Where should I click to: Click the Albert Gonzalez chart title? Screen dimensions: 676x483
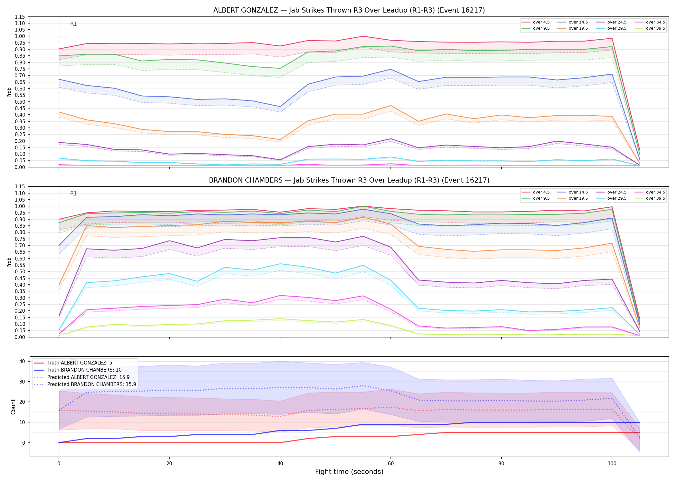click(349, 10)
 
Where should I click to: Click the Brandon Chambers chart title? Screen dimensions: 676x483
click(349, 180)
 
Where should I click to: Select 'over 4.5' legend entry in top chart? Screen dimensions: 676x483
click(536, 22)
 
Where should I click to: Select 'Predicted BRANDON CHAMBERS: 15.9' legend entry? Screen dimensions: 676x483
click(85, 384)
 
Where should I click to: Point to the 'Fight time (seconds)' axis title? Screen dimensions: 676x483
click(349, 472)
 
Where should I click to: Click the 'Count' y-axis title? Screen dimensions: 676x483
click(13, 407)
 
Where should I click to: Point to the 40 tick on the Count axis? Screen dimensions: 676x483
click(22, 361)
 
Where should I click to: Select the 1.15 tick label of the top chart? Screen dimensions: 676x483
click(20, 17)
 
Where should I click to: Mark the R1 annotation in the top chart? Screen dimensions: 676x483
click(73, 24)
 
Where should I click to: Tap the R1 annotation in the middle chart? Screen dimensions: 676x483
click(73, 194)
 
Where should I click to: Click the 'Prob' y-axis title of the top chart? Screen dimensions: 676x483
click(9, 92)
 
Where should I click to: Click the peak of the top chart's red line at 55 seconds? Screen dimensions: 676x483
click(363, 36)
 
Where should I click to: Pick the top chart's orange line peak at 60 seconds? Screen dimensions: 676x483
click(391, 106)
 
